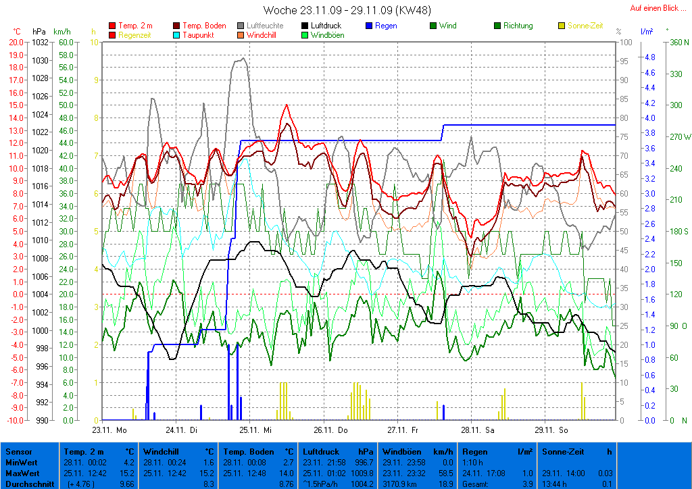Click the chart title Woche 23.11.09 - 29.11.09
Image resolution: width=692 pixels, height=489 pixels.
(347, 10)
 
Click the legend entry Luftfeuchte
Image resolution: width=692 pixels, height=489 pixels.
(265, 26)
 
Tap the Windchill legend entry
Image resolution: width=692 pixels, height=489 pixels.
(265, 34)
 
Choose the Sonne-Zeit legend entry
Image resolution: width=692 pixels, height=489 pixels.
(585, 26)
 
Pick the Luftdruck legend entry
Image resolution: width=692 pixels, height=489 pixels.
(326, 26)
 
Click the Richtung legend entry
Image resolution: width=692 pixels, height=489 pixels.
(518, 26)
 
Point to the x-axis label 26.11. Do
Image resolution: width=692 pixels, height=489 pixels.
(330, 429)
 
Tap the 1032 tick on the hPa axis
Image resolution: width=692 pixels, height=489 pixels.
(40, 42)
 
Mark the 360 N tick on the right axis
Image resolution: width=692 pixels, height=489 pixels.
(678, 42)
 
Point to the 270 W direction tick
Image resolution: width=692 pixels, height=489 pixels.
(679, 136)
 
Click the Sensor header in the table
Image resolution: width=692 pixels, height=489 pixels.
(18, 452)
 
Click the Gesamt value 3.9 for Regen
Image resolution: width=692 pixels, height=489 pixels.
(528, 484)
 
